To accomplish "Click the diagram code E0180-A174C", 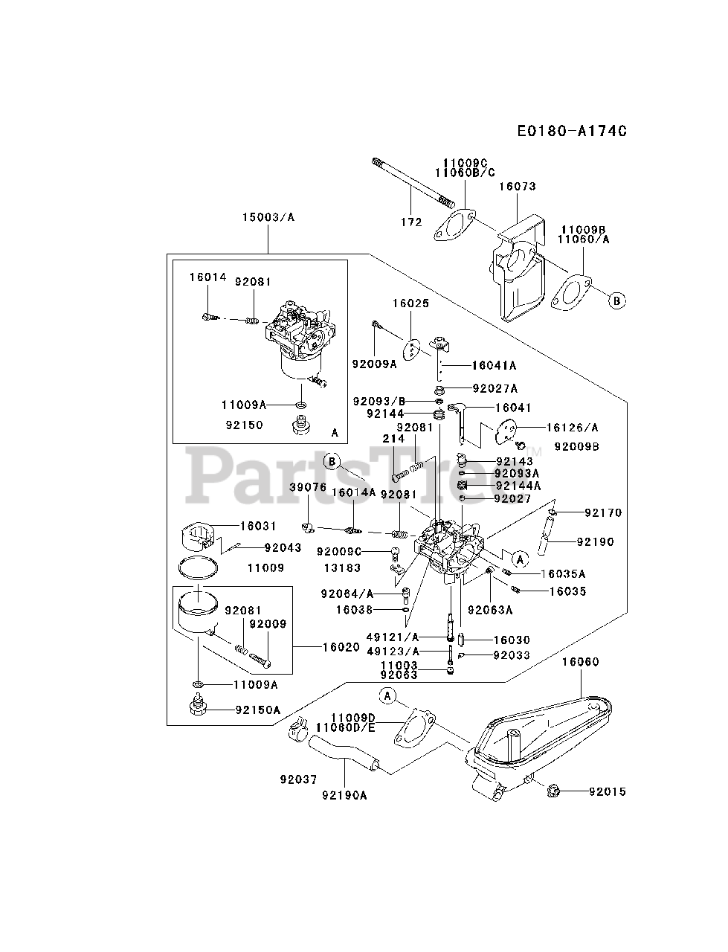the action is (x=572, y=131).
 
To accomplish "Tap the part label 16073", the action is (x=518, y=187).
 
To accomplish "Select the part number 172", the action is (x=411, y=222).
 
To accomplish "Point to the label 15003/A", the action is (x=268, y=217).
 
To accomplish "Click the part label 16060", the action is (x=580, y=662).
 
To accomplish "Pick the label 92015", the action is (x=607, y=791).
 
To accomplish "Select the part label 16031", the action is (x=258, y=526).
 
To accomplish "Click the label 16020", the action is (x=341, y=647).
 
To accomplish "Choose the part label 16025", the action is (x=410, y=303).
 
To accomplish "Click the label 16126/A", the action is (x=572, y=428).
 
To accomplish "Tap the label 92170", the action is (x=603, y=512).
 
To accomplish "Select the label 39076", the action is (x=308, y=487).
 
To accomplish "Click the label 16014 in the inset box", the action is (x=207, y=277).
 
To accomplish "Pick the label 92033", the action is (x=512, y=655).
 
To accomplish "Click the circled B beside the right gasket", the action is (x=616, y=300).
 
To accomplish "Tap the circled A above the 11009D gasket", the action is (x=387, y=696).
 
